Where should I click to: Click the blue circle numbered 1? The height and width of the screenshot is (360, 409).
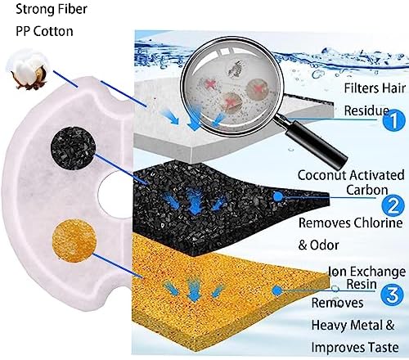coord(393,120)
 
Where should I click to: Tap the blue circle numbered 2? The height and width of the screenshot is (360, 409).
coord(393,206)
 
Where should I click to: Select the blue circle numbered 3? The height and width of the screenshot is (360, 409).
coord(392,295)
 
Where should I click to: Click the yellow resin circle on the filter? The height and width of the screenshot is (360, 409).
coord(74,241)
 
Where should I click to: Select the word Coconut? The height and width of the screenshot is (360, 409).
coord(321,175)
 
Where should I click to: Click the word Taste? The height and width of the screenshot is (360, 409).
coord(384,348)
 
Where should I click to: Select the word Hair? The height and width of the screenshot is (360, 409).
coord(393,88)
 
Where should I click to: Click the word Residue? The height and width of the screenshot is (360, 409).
coord(366,110)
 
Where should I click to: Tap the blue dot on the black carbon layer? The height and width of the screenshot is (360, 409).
coord(277,196)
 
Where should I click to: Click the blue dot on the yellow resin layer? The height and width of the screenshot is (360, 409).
coord(277,290)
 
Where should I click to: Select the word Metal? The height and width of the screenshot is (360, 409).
coord(366,325)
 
